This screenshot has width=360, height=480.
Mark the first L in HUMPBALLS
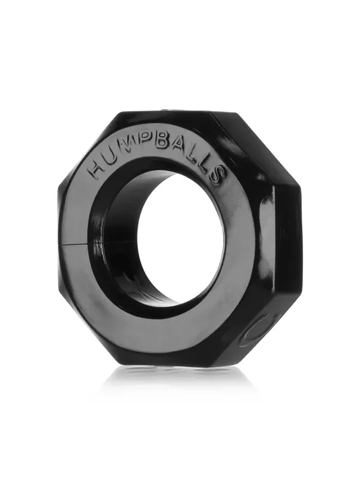[196, 157]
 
